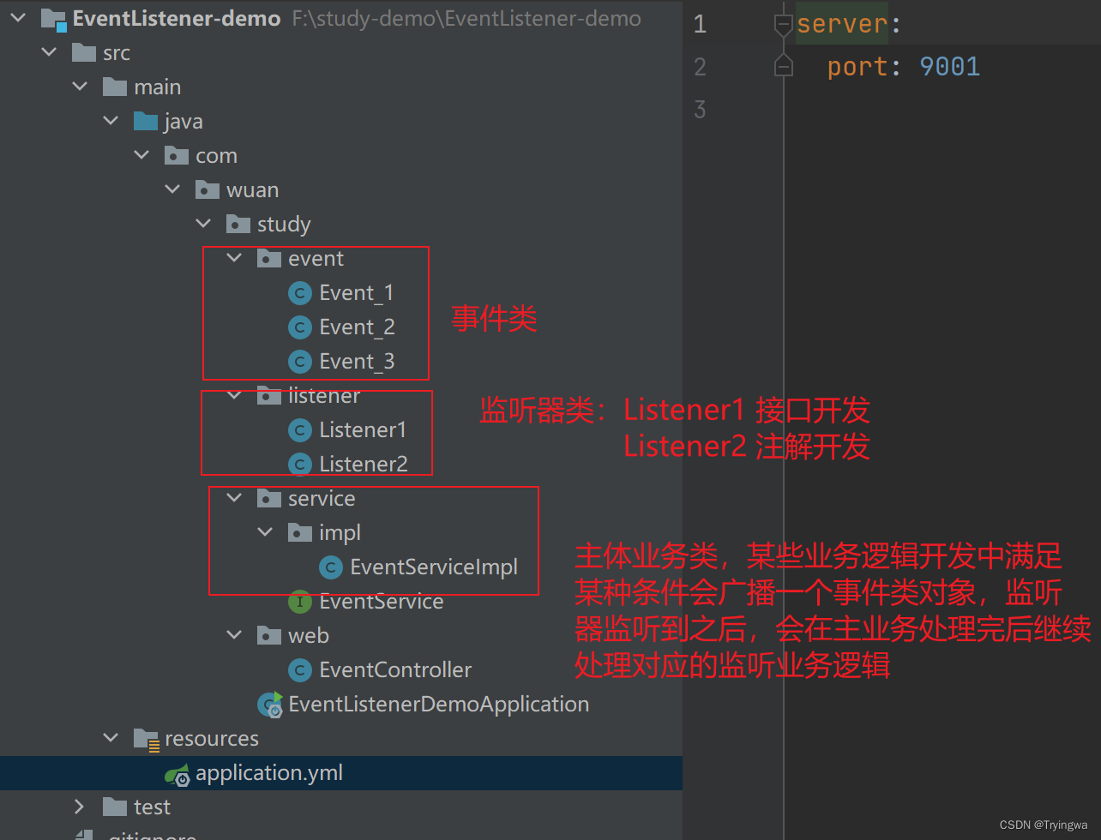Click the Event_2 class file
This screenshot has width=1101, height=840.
(356, 327)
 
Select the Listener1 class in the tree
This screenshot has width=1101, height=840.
(362, 430)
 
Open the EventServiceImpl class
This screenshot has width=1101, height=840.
(433, 567)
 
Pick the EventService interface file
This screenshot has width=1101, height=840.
(381, 602)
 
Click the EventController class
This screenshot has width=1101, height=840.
(394, 670)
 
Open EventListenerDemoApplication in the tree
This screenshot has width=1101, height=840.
(438, 705)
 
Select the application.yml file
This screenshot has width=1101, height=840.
(268, 773)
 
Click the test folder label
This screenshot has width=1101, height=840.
(152, 807)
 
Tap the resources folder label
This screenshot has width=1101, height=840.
(211, 739)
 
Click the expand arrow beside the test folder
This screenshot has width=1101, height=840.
(80, 807)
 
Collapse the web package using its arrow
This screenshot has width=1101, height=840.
(234, 636)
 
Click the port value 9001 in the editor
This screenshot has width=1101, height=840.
(949, 67)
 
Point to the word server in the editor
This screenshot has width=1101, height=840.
(842, 24)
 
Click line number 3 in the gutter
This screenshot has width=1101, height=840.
(700, 110)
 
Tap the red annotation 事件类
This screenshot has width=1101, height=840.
(494, 320)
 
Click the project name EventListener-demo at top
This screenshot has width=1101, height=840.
(177, 19)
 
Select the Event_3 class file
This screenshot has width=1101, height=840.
(356, 362)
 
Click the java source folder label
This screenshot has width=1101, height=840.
(183, 122)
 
